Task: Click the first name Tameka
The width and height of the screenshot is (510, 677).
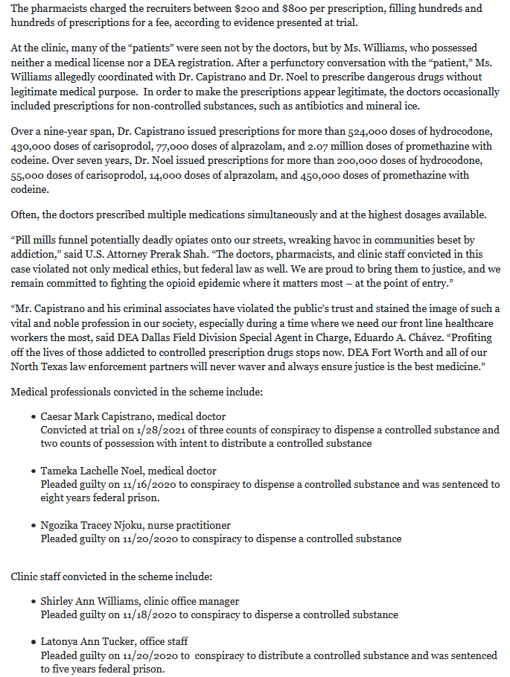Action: tap(58, 471)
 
